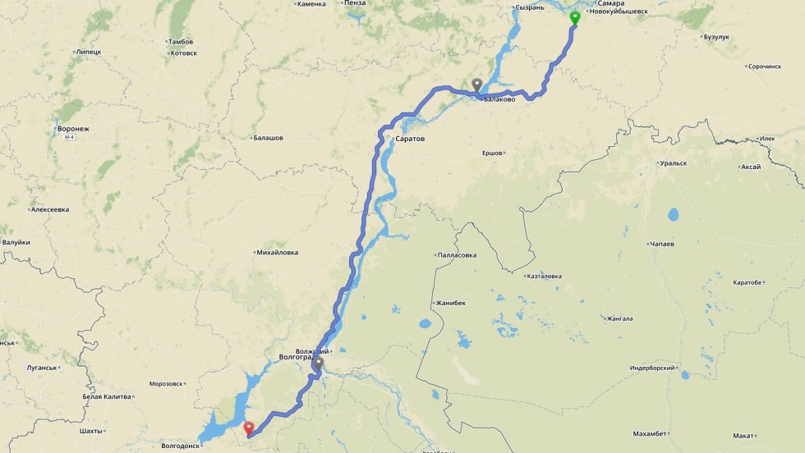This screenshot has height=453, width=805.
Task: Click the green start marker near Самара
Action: [x=575, y=17]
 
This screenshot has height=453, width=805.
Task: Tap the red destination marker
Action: [x=249, y=427]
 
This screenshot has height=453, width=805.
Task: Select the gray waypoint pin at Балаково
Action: [x=476, y=84]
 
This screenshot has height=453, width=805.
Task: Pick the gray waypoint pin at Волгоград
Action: [x=318, y=363]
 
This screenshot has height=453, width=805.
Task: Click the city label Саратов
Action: [x=410, y=139]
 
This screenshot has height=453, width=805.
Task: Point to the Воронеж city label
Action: [x=73, y=129]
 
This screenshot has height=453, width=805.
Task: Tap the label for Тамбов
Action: [x=180, y=41]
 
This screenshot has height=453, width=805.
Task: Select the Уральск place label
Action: [x=673, y=163]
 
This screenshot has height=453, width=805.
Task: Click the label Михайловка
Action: [x=277, y=253]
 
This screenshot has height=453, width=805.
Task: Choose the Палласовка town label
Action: [x=458, y=255]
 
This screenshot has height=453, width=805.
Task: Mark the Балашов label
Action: [x=268, y=138]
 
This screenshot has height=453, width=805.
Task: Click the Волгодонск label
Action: [x=180, y=446]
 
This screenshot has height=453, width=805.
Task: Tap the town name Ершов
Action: [x=492, y=153]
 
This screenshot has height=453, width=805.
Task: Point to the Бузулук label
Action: [x=715, y=37]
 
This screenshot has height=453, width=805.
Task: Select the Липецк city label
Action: [x=88, y=52]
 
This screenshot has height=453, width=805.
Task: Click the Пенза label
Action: [x=355, y=3]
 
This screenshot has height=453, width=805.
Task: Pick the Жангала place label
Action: [x=620, y=318]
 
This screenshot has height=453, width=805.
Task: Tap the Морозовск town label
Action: [x=166, y=383]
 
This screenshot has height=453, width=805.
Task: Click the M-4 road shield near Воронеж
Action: [x=69, y=137]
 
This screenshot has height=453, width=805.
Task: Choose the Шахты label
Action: [x=90, y=431]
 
